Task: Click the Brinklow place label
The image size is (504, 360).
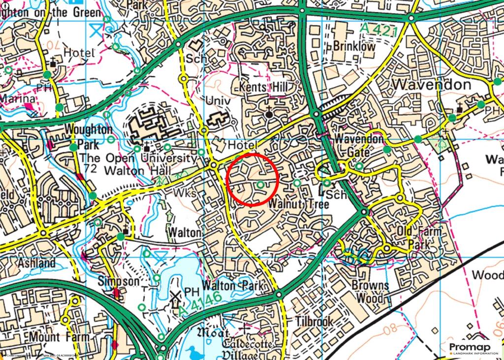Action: pos(354,47)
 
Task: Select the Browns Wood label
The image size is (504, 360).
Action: pos(371,292)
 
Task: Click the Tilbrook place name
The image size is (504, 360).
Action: pos(315,322)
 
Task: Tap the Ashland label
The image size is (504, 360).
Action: pos(36,263)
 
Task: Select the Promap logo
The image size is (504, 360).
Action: pos(468,348)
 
